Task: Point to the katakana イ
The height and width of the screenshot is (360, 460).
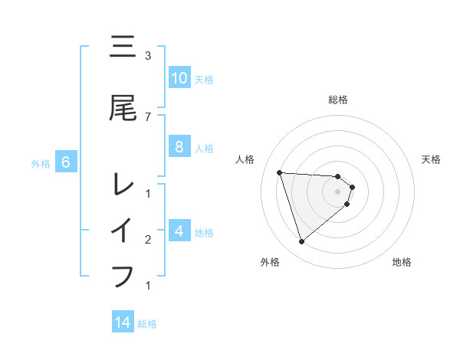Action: (x=123, y=230)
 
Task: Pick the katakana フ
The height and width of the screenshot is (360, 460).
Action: (x=123, y=275)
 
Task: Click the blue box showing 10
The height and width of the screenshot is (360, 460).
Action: (x=179, y=78)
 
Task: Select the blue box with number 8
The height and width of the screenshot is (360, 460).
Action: (x=179, y=148)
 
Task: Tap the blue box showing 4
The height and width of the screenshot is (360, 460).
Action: (x=179, y=231)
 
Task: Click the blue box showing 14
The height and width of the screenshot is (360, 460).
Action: (x=123, y=322)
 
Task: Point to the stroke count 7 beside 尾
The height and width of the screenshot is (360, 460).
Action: (x=148, y=116)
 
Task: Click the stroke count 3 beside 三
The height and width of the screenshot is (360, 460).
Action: (x=148, y=56)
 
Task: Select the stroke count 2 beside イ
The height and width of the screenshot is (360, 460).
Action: (x=148, y=240)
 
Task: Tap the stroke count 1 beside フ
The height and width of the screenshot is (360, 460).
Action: (x=148, y=286)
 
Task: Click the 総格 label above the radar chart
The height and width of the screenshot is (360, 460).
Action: (x=338, y=100)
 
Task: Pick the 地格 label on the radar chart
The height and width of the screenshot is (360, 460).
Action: (x=402, y=262)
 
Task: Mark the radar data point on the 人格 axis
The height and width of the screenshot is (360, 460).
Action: (x=279, y=172)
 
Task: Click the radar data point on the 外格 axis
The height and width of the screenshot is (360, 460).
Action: (x=301, y=242)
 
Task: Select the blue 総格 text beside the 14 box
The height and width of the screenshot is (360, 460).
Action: (x=147, y=323)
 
